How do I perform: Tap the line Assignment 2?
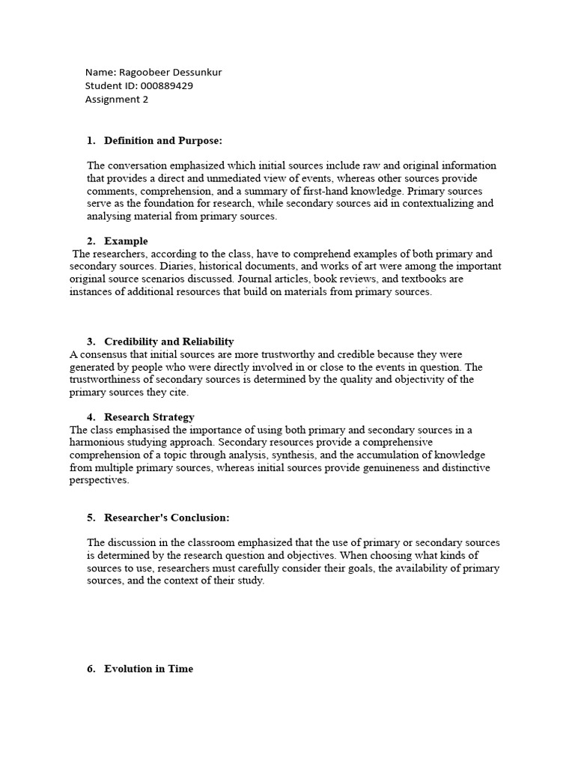tap(117, 100)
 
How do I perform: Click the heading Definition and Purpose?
tap(163, 140)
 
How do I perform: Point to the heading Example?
tap(126, 241)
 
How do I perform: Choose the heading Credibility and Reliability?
tap(169, 342)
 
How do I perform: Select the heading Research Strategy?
tap(150, 417)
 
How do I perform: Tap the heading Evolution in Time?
tap(149, 669)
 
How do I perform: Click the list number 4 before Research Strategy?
tap(91, 417)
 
